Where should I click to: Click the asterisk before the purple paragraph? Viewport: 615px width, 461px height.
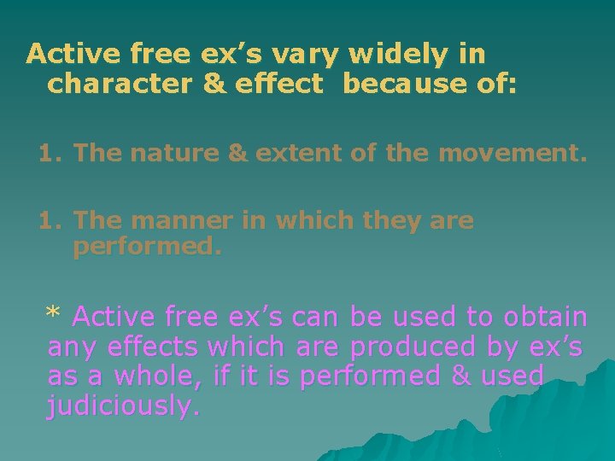tap(54, 315)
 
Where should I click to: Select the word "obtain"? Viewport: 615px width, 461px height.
tap(546, 317)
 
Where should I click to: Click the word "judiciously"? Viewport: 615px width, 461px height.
tap(124, 406)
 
